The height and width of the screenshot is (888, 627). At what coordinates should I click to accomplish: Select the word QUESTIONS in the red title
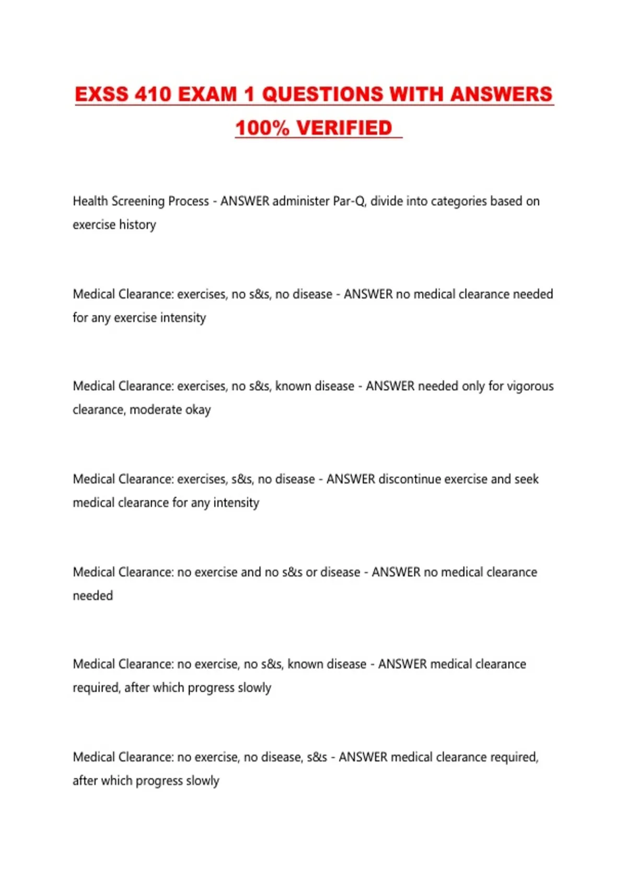pos(322,95)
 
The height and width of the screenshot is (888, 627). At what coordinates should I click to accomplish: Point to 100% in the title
pos(262,128)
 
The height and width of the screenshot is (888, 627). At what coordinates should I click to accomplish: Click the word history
pos(137,225)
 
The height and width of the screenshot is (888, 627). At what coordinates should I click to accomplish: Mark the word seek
pos(526,479)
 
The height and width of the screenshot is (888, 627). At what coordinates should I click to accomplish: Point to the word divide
pos(386,201)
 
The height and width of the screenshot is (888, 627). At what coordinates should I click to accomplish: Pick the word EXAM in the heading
pos(208,95)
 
